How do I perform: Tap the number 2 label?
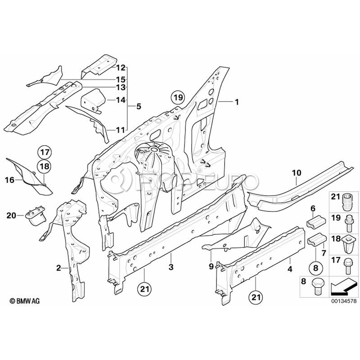(x=59, y=268)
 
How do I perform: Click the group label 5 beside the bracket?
(x=138, y=106)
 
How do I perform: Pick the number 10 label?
(x=296, y=173)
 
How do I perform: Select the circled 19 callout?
(x=177, y=97)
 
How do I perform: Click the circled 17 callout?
(x=45, y=152)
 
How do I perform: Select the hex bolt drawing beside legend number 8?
(x=320, y=282)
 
